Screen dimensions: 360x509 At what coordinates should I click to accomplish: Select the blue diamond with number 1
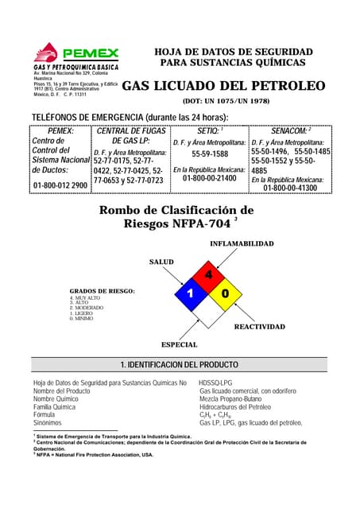click(191, 294)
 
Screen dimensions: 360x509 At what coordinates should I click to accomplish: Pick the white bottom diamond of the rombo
click(209, 313)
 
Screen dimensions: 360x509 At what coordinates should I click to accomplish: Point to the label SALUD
click(161, 262)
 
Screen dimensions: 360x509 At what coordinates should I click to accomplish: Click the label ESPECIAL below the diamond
click(180, 345)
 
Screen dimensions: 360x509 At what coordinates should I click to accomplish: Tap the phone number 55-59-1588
click(210, 154)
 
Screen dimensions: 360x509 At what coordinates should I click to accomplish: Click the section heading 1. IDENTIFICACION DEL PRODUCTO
click(180, 364)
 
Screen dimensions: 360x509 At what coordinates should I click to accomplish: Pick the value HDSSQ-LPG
click(215, 383)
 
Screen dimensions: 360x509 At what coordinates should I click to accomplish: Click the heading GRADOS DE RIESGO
click(102, 291)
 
